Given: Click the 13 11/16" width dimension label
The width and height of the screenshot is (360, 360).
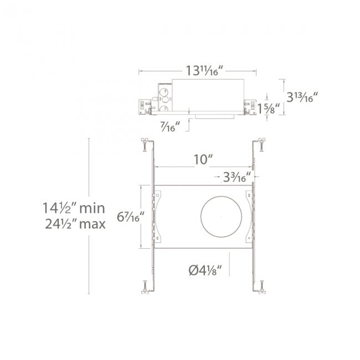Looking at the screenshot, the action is point(204,70).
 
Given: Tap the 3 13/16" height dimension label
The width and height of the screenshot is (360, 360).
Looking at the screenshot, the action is point(302,97).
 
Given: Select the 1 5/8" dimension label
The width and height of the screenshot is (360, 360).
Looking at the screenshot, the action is point(269,109).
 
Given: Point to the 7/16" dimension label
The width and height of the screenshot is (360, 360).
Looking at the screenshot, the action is point(170,126).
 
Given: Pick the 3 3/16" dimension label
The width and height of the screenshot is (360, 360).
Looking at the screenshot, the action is point(237,177).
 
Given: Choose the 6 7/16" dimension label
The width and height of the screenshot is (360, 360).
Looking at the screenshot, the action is point(130,217).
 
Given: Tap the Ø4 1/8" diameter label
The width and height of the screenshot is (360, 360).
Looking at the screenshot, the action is point(205,270).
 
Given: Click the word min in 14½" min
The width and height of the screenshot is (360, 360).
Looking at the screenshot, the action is point(92,208).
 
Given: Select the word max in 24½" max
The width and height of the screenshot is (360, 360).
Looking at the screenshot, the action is point(92,224).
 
